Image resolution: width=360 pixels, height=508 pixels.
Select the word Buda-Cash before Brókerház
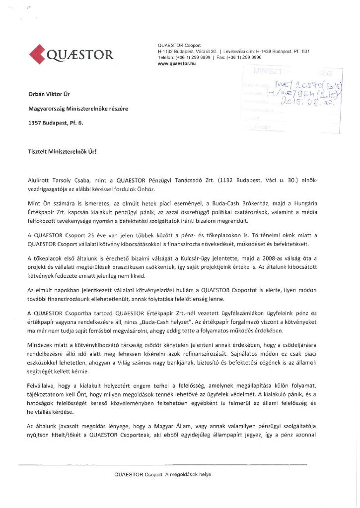tap(220, 203)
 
